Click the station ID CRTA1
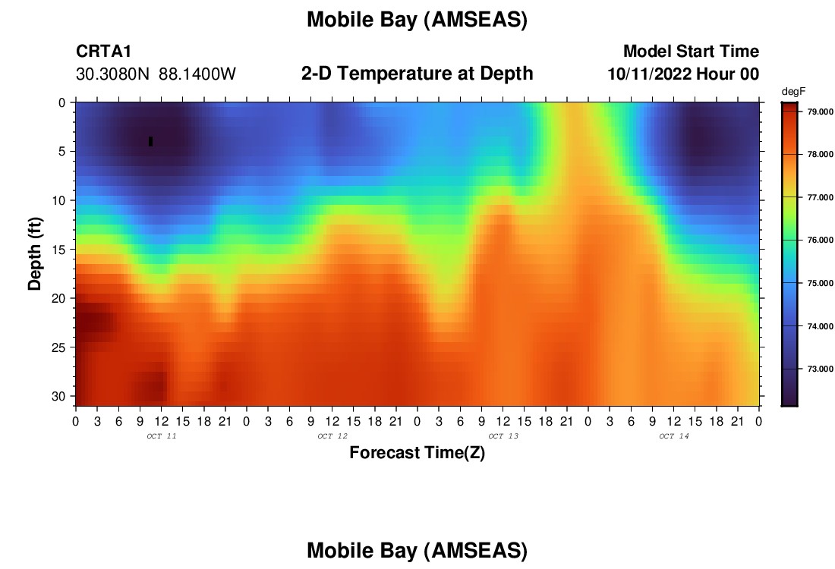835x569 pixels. click(103, 51)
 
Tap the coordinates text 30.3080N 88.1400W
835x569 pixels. click(156, 74)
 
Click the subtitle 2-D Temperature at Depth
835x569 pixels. click(417, 74)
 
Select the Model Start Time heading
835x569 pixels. click(691, 51)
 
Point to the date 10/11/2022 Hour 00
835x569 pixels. click(683, 74)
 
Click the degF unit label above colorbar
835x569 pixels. click(793, 92)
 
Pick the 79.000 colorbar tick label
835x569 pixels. click(821, 112)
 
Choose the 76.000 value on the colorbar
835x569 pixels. click(821, 240)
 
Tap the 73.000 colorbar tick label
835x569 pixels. click(821, 369)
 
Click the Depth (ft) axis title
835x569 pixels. click(35, 253)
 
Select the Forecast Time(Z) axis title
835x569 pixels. click(417, 452)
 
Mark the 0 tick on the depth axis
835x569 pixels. click(62, 102)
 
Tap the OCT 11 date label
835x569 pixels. click(162, 436)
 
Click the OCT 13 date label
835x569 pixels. click(503, 436)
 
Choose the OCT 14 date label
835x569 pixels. click(674, 436)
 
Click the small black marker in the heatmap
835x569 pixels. click(151, 141)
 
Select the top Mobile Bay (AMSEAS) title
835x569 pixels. click(417, 20)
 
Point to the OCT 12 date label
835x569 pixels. click(332, 436)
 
